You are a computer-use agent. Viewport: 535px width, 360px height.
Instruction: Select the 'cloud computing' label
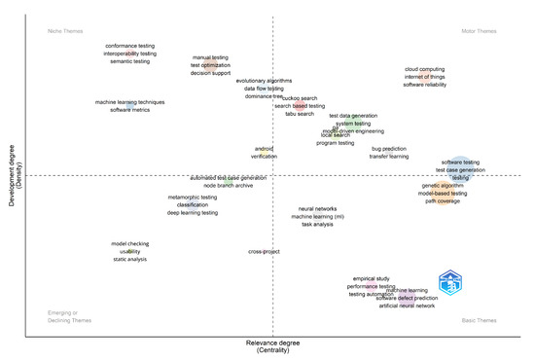click(424, 70)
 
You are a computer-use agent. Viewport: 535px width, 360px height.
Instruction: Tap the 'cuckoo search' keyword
click(299, 98)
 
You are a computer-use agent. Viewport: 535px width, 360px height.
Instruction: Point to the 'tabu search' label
click(299, 114)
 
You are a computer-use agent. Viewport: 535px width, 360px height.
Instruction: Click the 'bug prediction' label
click(389, 149)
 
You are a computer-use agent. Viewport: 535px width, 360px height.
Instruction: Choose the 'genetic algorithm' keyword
click(443, 185)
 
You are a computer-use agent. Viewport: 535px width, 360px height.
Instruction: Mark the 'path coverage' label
click(443, 201)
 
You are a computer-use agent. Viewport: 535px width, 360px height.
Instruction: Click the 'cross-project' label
click(264, 251)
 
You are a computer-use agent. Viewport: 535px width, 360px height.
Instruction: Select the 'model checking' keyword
click(130, 243)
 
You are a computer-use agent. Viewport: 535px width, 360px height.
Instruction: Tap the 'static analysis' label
click(130, 259)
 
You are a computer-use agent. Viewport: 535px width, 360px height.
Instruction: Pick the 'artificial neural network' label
click(407, 306)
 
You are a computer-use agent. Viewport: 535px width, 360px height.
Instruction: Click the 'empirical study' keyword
click(371, 278)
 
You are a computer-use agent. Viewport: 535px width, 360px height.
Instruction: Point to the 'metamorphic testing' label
click(193, 197)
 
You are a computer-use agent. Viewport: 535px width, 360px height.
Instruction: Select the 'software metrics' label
click(130, 110)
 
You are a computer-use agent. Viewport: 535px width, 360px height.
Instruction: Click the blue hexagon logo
click(449, 284)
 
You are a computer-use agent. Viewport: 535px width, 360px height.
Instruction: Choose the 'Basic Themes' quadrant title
click(479, 320)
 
